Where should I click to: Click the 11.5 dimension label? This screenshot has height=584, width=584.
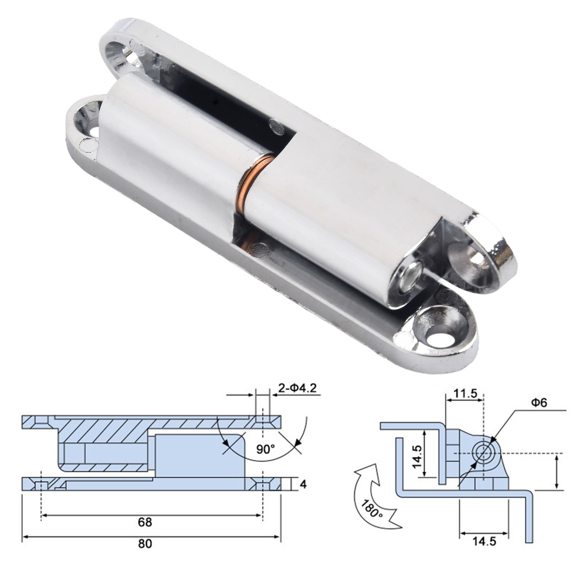(x=465, y=393)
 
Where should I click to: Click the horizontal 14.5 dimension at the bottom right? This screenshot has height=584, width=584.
(x=484, y=541)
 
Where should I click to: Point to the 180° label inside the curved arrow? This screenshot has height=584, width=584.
(x=372, y=509)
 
